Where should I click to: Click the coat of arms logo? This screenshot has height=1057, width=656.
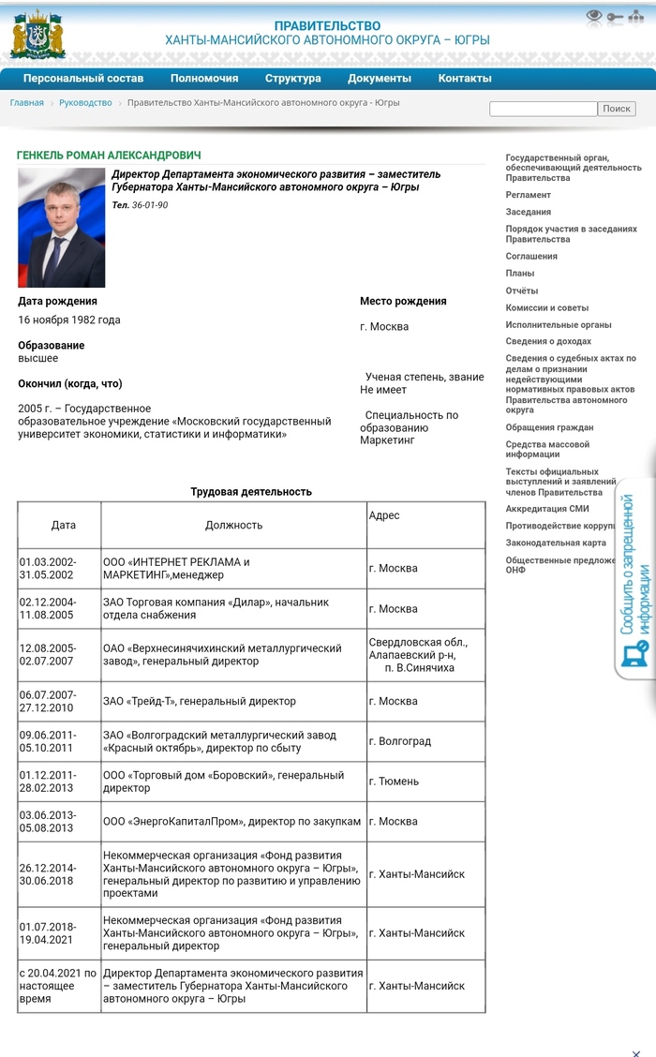[x=37, y=35]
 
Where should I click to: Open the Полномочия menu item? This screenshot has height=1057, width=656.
[x=204, y=79]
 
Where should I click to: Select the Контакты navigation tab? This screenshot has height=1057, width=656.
[x=464, y=79]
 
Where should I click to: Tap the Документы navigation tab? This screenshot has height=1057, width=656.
[x=379, y=79]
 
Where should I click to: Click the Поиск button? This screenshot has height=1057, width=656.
[x=617, y=109]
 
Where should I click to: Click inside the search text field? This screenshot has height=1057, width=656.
[x=543, y=109]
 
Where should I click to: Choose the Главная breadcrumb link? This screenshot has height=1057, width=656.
[x=26, y=103]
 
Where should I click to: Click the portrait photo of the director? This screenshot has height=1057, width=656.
[x=62, y=228]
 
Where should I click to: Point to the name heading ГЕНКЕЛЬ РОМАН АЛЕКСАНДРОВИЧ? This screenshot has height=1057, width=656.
[x=109, y=156]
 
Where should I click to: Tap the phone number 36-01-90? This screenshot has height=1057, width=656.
[x=150, y=205]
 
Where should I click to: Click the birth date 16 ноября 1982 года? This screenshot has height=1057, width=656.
[x=69, y=320]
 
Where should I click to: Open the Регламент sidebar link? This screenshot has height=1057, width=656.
[x=529, y=195]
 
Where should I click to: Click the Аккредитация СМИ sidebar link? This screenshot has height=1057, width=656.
[x=547, y=509]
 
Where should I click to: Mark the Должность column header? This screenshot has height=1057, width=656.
[x=233, y=526]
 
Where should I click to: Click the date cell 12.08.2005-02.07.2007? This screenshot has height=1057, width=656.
[x=49, y=654]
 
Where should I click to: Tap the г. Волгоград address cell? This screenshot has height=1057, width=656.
[x=400, y=741]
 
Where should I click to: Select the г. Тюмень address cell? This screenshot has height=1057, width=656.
[x=394, y=782]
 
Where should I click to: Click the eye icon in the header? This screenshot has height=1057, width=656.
[x=594, y=16]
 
